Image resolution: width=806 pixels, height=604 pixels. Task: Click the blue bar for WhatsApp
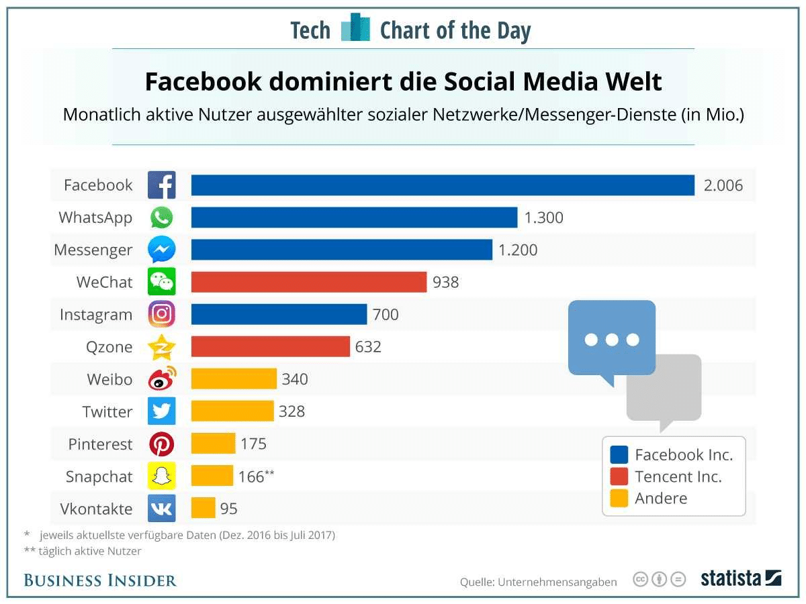click(x=354, y=217)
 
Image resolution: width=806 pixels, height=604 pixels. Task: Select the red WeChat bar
click(x=309, y=282)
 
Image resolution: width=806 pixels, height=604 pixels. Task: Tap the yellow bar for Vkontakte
click(x=203, y=508)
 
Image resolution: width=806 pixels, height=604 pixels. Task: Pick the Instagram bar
click(x=279, y=314)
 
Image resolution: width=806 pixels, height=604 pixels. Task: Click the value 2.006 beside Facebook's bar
click(x=723, y=186)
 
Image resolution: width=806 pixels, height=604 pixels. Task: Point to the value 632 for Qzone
click(x=369, y=347)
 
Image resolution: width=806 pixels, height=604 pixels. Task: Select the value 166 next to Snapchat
click(x=252, y=477)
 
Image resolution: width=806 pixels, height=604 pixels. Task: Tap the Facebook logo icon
click(x=162, y=185)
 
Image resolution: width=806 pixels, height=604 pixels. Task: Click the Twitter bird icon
click(x=162, y=411)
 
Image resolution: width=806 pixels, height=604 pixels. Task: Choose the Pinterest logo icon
click(x=162, y=444)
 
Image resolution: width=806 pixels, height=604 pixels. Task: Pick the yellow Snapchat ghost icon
click(x=162, y=476)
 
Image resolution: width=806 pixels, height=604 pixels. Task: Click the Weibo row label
click(x=109, y=379)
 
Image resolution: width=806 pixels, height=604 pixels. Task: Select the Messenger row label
click(x=93, y=250)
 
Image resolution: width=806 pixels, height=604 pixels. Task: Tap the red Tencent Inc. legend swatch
click(x=619, y=476)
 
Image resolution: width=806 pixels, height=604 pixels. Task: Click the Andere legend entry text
click(x=661, y=498)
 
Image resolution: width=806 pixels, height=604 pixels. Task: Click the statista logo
click(x=741, y=578)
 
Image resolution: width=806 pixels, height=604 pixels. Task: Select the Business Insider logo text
click(x=100, y=581)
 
